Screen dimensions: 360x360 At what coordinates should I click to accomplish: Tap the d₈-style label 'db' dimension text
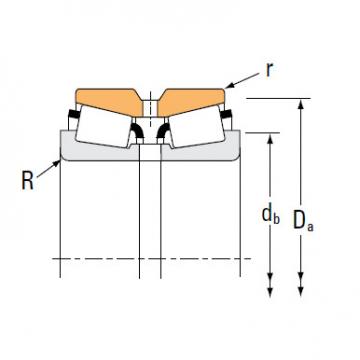coord(270,212)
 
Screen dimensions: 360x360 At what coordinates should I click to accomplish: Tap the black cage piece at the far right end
coord(228,118)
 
